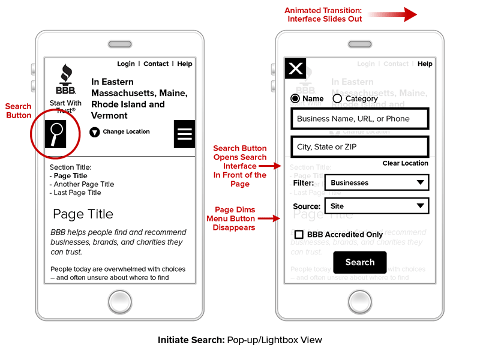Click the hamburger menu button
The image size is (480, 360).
tap(184, 134)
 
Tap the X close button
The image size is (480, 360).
tap(295, 69)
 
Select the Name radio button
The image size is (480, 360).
tap(295, 98)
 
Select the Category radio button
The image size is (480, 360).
tap(337, 98)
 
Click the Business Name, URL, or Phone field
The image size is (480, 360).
tap(359, 119)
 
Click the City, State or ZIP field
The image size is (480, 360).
tap(359, 146)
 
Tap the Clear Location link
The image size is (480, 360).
tap(405, 163)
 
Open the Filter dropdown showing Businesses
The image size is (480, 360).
tap(376, 182)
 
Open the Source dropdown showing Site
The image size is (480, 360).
tap(376, 206)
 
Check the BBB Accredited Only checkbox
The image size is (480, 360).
tap(298, 235)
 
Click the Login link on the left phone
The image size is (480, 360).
tap(126, 64)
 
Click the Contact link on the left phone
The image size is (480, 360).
tap(156, 64)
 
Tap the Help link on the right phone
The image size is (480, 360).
tap(425, 64)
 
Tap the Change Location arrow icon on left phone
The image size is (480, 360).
tap(94, 132)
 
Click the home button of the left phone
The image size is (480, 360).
tap(120, 302)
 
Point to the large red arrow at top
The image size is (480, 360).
tap(393, 14)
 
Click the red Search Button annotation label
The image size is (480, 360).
tap(19, 111)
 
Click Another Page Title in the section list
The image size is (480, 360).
tap(83, 184)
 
